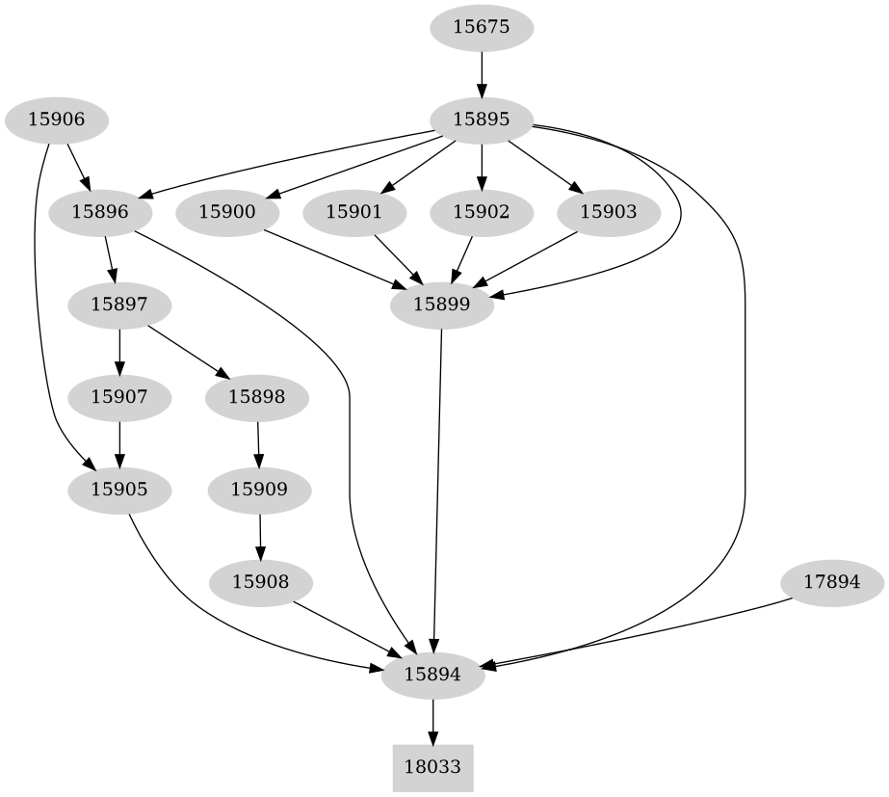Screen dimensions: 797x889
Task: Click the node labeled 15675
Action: (x=481, y=27)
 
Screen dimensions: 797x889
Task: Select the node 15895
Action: (x=481, y=120)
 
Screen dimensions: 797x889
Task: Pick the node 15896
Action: (x=99, y=212)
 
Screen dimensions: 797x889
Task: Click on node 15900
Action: (x=227, y=212)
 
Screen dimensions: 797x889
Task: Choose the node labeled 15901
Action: (x=354, y=212)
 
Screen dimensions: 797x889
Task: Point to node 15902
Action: (x=481, y=212)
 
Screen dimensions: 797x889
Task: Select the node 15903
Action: (x=609, y=212)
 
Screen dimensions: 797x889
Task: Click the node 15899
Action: (x=441, y=305)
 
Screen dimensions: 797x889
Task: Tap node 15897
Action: (x=119, y=305)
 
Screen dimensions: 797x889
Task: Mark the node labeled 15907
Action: (x=119, y=396)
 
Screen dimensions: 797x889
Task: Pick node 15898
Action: (x=256, y=396)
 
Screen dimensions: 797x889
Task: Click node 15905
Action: (x=119, y=489)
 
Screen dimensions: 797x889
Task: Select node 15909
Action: (x=259, y=489)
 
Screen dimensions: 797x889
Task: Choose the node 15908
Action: (x=260, y=581)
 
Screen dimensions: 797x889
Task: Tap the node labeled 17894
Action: (x=830, y=581)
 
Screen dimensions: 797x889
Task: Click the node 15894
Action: (x=432, y=675)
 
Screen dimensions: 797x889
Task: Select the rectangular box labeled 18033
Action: (x=432, y=768)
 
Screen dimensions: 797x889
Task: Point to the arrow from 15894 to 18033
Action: (x=432, y=722)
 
